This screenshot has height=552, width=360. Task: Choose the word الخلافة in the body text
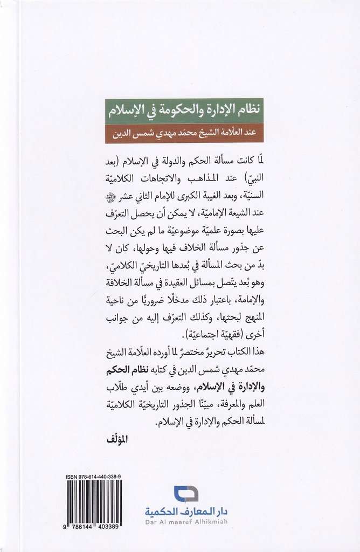click(125, 281)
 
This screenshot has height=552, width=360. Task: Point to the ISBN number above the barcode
click(93, 476)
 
